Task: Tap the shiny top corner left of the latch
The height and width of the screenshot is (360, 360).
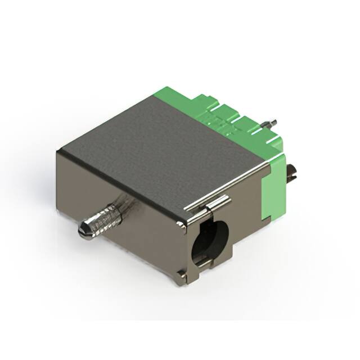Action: click(x=181, y=226)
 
